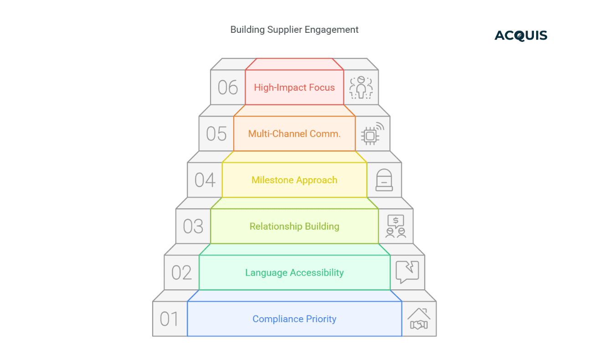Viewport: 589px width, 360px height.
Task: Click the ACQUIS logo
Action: pyautogui.click(x=521, y=36)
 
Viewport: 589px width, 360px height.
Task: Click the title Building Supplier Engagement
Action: pyautogui.click(x=294, y=30)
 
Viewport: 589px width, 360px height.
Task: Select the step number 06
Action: pyautogui.click(x=228, y=87)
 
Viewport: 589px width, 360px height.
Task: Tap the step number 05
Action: pyautogui.click(x=216, y=134)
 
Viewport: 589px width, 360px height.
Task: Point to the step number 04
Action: pyautogui.click(x=205, y=180)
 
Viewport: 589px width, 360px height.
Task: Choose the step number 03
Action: pyautogui.click(x=193, y=226)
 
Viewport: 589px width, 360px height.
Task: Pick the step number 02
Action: pyautogui.click(x=181, y=273)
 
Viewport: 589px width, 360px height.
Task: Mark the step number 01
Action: pyautogui.click(x=169, y=319)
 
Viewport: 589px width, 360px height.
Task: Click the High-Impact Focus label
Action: pyautogui.click(x=294, y=87)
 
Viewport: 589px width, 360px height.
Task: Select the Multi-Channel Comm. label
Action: pyautogui.click(x=294, y=134)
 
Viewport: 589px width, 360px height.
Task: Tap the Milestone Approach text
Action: pyautogui.click(x=294, y=180)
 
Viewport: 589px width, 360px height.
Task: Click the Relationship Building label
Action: pyautogui.click(x=294, y=226)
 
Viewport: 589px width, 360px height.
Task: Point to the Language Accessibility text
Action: pyautogui.click(x=294, y=273)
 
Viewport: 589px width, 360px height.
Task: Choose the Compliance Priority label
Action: pyautogui.click(x=294, y=319)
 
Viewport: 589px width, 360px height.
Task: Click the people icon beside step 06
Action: pyautogui.click(x=361, y=87)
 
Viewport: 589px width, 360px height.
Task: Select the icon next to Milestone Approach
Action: pyautogui.click(x=384, y=180)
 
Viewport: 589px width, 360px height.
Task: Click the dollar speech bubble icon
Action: pyautogui.click(x=395, y=226)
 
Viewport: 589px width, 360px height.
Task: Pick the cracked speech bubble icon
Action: pyautogui.click(x=407, y=273)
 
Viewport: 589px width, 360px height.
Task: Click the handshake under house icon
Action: pyautogui.click(x=419, y=319)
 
